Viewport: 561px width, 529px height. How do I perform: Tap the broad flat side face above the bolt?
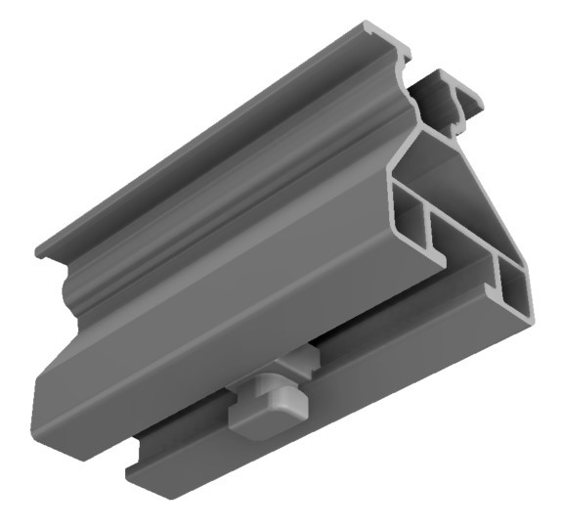click(x=244, y=313)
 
